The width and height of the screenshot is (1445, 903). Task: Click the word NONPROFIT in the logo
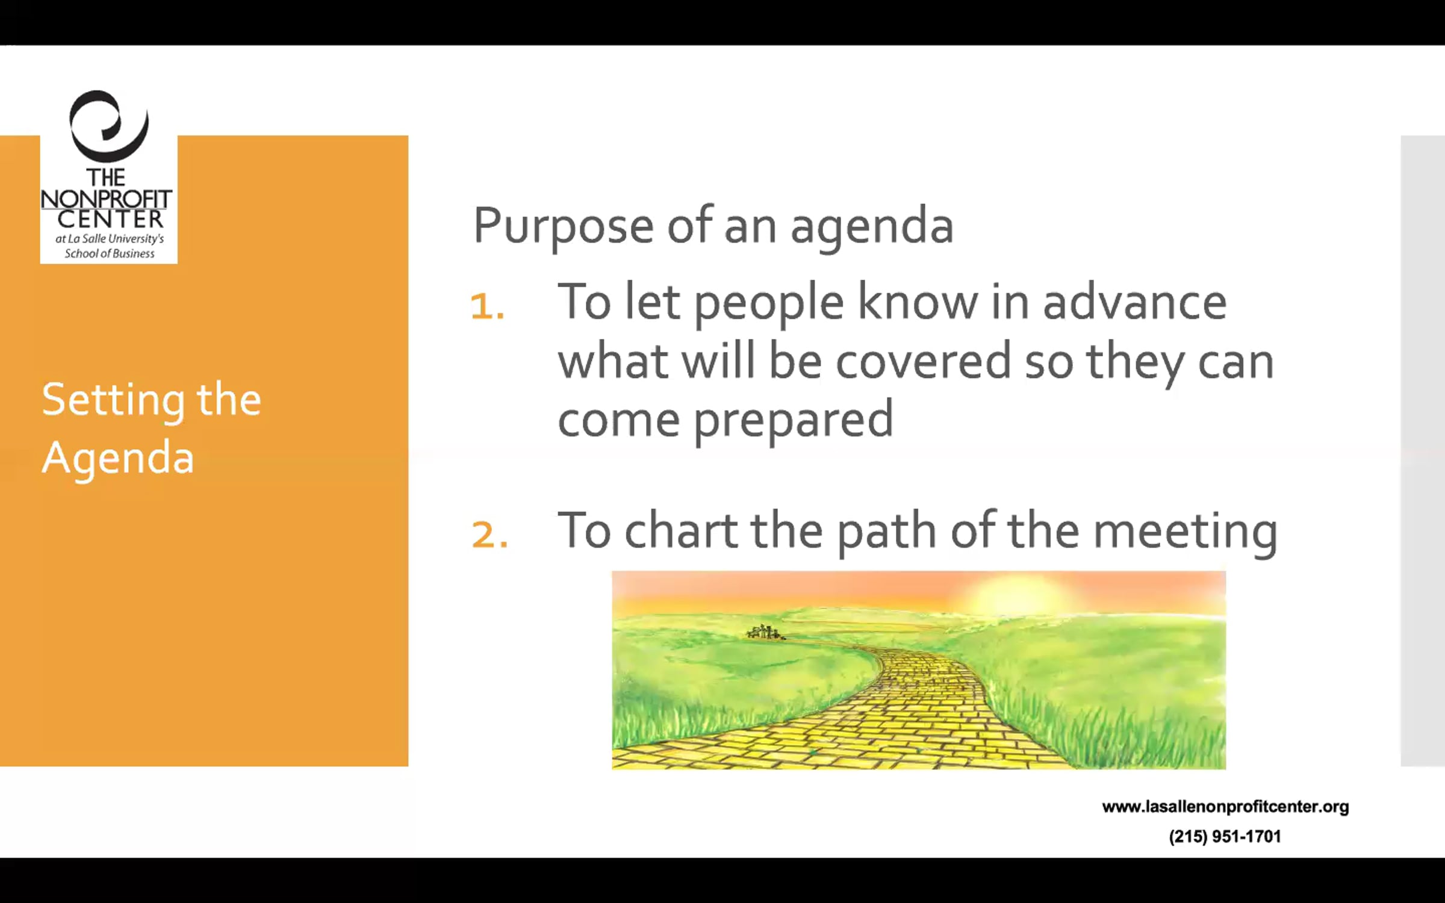[x=107, y=199]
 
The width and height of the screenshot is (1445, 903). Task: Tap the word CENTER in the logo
[x=110, y=219]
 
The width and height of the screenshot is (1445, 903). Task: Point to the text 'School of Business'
[x=110, y=253]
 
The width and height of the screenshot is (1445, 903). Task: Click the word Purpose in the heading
[x=564, y=228]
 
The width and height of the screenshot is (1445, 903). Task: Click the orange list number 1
[x=487, y=306]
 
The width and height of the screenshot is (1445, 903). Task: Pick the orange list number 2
[x=489, y=534]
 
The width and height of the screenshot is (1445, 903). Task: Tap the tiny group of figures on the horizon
[x=765, y=632]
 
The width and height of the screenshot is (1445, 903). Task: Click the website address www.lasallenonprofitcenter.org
[x=1225, y=807]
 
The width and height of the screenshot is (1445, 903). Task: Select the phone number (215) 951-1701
[x=1225, y=836]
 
